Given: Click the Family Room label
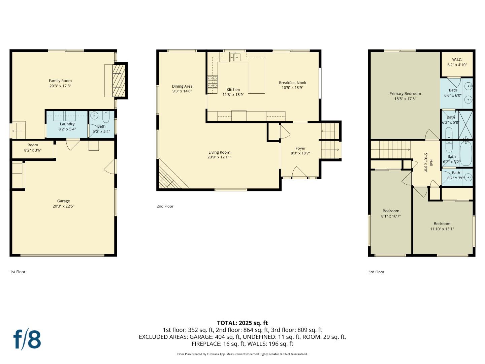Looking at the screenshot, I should (x=60, y=81).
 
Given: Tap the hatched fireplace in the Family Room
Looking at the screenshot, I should (x=118, y=80).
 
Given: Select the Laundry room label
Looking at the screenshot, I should (x=67, y=124).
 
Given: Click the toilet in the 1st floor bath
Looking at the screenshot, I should (x=106, y=117).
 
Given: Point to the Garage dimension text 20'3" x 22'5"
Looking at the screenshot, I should (x=63, y=206).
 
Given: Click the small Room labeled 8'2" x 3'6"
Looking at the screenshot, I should (x=33, y=148).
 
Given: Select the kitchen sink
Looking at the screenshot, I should (x=235, y=57).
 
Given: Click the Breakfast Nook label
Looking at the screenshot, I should (x=292, y=83).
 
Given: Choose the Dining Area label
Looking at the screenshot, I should (x=182, y=87).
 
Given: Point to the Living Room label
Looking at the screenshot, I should (x=219, y=152).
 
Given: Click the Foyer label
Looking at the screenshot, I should (x=300, y=148).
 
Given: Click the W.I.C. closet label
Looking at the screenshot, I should (x=457, y=60).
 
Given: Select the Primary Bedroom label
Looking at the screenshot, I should (x=405, y=94).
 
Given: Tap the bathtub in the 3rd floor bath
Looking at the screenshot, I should (x=466, y=153).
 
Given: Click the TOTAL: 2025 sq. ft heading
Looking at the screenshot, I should (x=242, y=323).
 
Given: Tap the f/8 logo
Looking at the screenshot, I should (x=27, y=339).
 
